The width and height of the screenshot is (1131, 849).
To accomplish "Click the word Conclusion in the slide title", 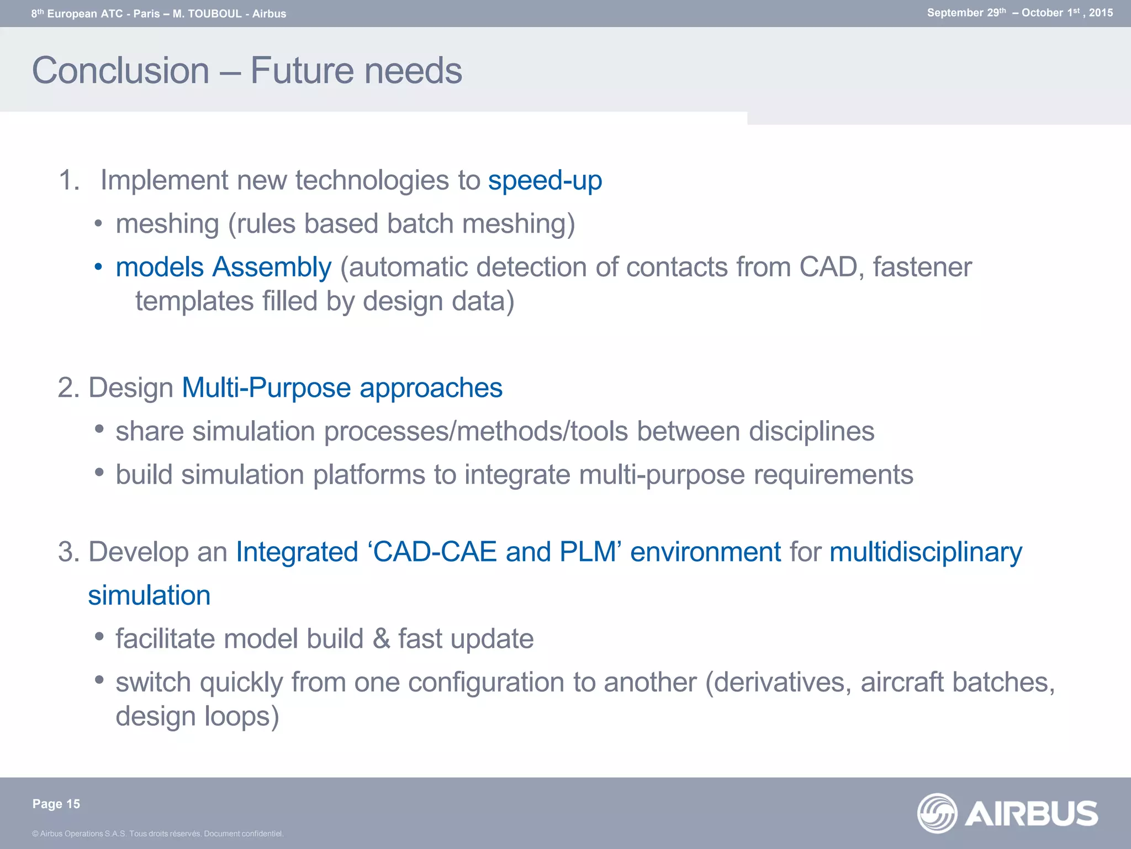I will point(121,71).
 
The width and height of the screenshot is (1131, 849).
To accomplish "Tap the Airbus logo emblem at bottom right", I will point(937,813).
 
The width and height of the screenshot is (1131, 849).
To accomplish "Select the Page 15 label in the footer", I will point(56,804).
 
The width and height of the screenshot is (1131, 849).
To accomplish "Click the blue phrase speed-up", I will point(545,180).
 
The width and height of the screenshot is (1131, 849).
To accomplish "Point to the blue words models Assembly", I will point(224,267).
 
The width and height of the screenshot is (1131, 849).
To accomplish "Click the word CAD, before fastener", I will point(832,267).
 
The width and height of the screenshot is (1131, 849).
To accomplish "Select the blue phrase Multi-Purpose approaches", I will point(342,387).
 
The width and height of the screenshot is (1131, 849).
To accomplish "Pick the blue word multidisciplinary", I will point(926,552).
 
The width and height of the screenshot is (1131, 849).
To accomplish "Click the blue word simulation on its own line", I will point(149,595).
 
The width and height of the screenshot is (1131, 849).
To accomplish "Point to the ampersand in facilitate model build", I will point(381,639).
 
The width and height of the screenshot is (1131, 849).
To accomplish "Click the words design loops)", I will point(197,716).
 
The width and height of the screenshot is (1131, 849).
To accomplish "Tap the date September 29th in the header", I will point(966,13).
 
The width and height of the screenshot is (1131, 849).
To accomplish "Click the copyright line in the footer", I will point(158,834).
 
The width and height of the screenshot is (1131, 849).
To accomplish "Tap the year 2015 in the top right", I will point(1101,13).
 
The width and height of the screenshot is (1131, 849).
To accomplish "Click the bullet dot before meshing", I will point(98,224).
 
